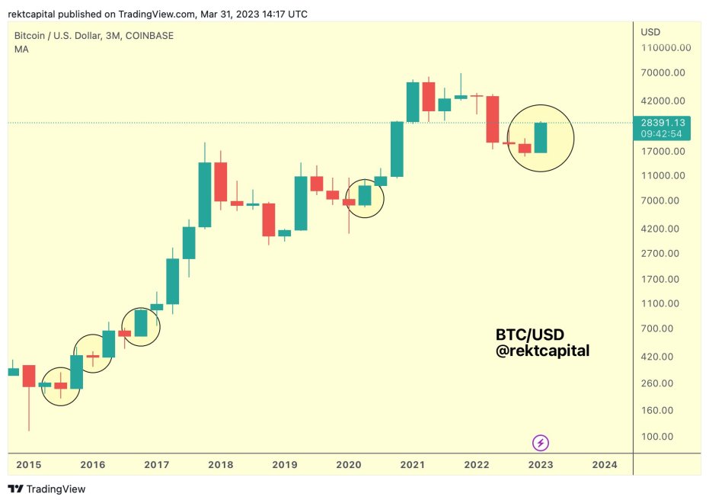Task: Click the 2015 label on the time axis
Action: point(29,464)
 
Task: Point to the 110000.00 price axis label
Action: point(666,47)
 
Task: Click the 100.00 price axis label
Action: point(657,437)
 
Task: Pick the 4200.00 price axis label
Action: point(663,229)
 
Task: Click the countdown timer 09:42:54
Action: point(662,133)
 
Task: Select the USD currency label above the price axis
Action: point(650,32)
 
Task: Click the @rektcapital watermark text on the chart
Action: point(542,351)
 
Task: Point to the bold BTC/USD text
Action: point(530,335)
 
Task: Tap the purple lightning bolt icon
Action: point(541,443)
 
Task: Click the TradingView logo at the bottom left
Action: point(47,489)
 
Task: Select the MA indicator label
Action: point(21,49)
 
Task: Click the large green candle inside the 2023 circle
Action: point(541,138)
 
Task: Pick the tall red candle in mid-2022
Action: point(493,119)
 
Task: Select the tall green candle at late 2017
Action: point(205,194)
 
